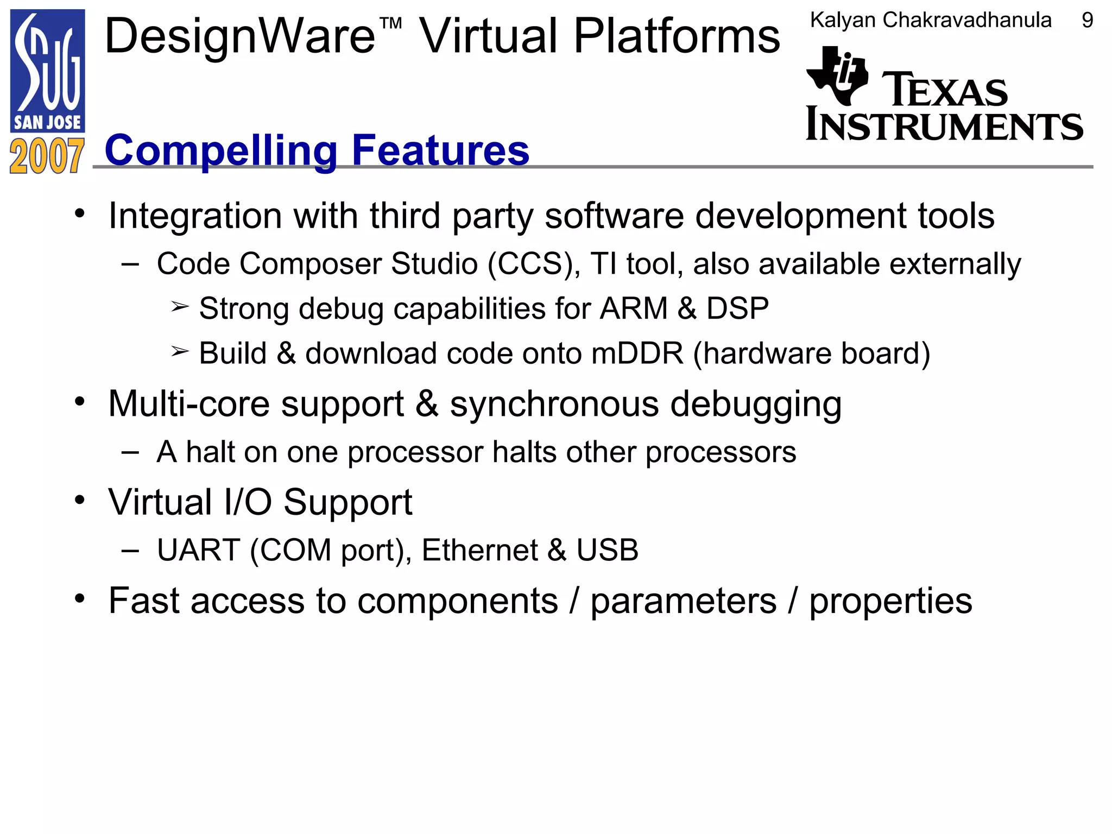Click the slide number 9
click(1087, 21)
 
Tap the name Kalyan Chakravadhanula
click(931, 21)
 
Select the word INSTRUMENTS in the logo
click(944, 125)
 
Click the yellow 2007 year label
click(47, 156)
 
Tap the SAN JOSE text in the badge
click(47, 123)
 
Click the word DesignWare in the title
click(239, 37)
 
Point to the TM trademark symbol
click(391, 23)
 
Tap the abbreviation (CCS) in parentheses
click(534, 264)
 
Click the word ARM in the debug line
click(633, 309)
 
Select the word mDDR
click(637, 353)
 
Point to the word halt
click(209, 452)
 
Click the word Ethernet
click(479, 551)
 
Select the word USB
click(607, 551)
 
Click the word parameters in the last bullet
click(683, 602)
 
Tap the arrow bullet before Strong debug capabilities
click(180, 307)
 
